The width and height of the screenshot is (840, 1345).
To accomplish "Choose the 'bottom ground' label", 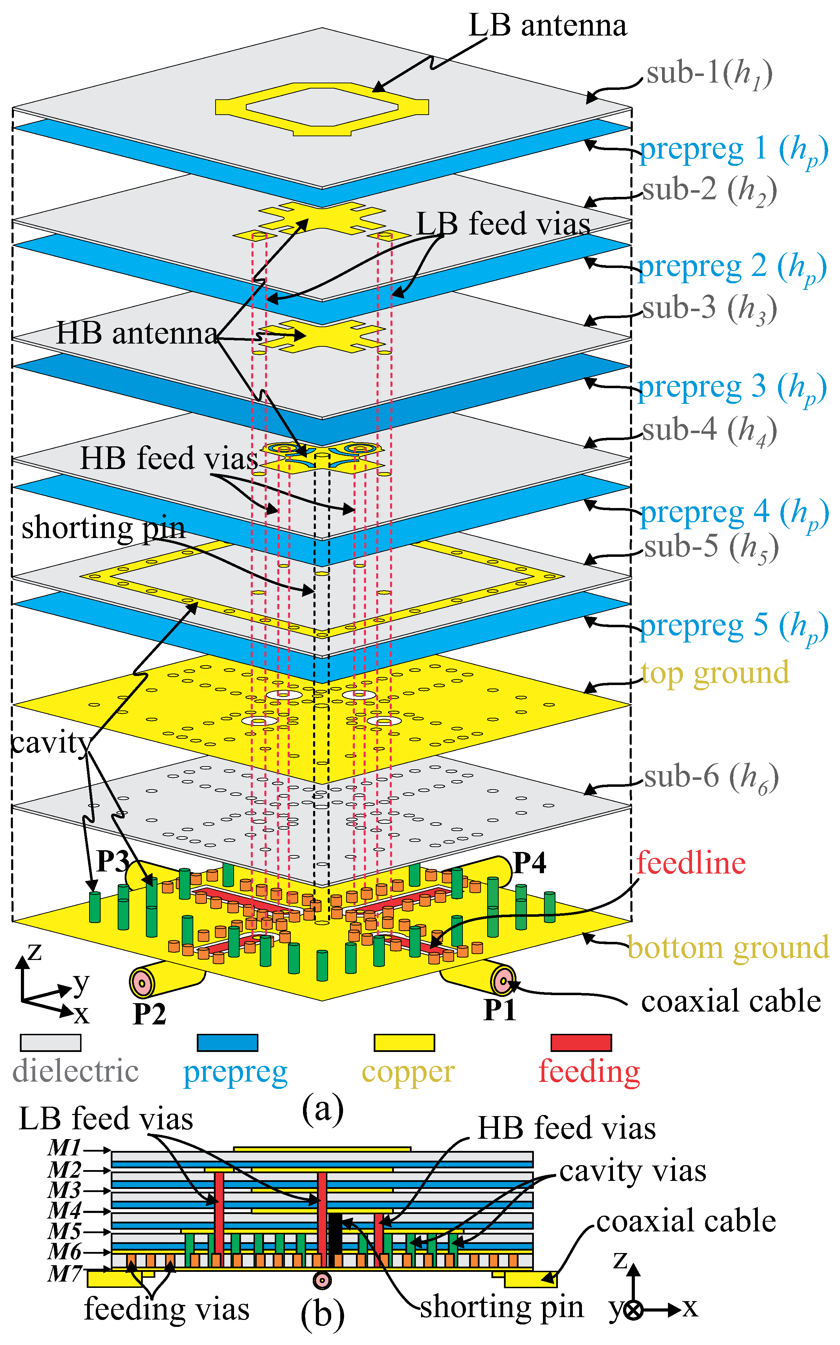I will [x=728, y=948].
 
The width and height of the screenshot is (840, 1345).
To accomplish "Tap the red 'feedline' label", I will [x=691, y=863].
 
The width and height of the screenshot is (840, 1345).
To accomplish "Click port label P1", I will [x=499, y=1010].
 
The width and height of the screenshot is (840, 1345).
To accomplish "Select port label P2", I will [x=149, y=1013].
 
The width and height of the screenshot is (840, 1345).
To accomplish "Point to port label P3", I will [x=113, y=861].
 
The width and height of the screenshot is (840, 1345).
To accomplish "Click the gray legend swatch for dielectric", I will [x=50, y=1043].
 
